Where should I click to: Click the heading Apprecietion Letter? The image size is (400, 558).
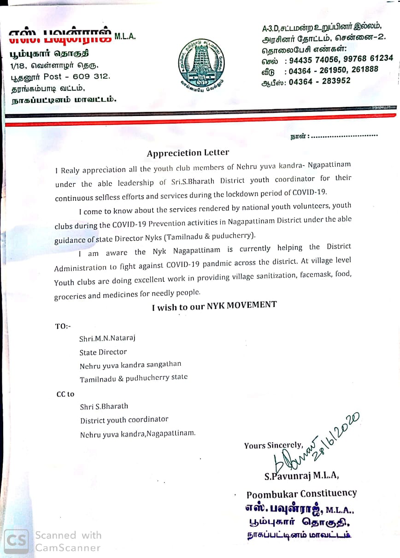188,153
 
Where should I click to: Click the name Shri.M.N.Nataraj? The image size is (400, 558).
107,338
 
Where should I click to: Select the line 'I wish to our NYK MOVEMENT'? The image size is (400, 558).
214,306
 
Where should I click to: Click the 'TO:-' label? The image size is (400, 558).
63,326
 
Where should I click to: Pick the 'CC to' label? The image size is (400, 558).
65,394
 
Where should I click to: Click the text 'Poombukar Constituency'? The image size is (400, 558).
301,494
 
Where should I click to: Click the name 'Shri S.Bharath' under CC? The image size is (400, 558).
104,407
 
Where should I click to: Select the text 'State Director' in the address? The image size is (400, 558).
103,352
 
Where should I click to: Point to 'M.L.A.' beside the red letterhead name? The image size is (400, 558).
125,37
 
